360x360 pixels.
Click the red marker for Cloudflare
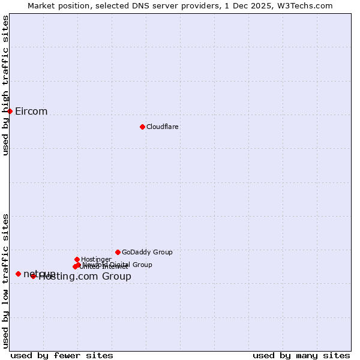click(x=142, y=127)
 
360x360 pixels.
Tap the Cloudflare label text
click(x=163, y=127)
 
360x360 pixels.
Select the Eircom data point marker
click(x=10, y=111)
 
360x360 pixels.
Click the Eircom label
click(x=31, y=112)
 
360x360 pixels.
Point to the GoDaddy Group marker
click(x=118, y=252)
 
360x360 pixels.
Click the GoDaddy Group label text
click(x=147, y=252)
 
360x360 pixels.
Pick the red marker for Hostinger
click(x=77, y=259)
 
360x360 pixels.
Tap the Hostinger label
click(x=96, y=259)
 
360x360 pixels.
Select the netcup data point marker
click(x=18, y=274)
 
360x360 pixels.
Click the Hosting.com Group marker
click(x=33, y=276)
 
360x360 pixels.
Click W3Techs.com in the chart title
click(x=306, y=5)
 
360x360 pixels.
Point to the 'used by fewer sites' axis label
click(x=62, y=355)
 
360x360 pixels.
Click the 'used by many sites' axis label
click(x=301, y=355)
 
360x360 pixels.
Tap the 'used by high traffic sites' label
click(x=5, y=85)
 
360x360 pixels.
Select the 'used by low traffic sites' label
click(x=5, y=281)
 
